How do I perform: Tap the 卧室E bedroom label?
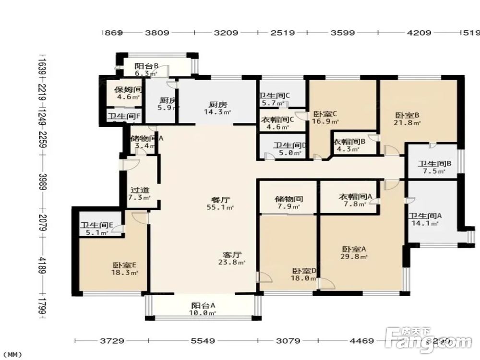pyautogui.click(x=125, y=265)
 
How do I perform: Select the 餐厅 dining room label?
pyautogui.click(x=220, y=200)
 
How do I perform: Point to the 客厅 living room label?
pyautogui.click(x=231, y=255)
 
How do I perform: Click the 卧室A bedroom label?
pyautogui.click(x=354, y=249)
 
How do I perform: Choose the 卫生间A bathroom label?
pyautogui.click(x=425, y=216)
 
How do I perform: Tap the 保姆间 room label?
pyautogui.click(x=127, y=90)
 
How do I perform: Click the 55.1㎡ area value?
pyautogui.click(x=223, y=208)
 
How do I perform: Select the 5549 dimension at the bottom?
pyautogui.click(x=202, y=341)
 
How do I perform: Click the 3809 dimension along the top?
pyautogui.click(x=157, y=33)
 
